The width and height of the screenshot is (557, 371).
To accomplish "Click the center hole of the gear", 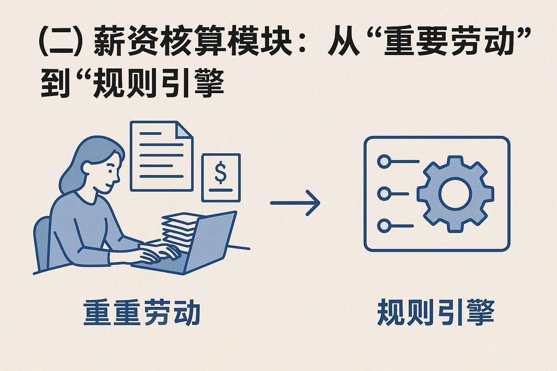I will click(x=455, y=194).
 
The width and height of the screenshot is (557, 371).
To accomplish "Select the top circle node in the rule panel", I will click(x=384, y=161).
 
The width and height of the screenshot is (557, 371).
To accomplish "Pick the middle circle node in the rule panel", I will click(x=384, y=194).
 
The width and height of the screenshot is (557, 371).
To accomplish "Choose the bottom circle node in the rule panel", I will click(x=384, y=226).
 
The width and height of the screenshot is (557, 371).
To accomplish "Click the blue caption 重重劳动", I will click(x=142, y=312).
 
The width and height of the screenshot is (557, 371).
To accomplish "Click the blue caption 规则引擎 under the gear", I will click(x=436, y=312).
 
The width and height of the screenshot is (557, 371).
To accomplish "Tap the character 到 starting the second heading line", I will click(x=55, y=84).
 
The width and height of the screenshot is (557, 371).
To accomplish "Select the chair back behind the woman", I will click(x=41, y=243).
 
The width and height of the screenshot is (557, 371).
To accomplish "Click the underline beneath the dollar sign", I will click(x=220, y=189).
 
